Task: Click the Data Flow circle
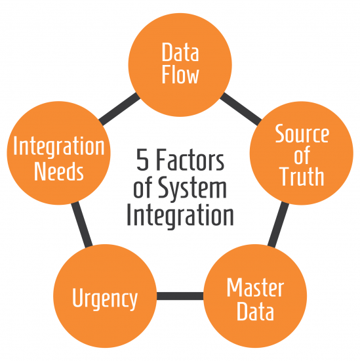(180, 64)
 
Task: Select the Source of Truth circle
(301, 155)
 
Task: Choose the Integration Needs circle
(58, 155)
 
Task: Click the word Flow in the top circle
(180, 75)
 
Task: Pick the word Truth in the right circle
(302, 177)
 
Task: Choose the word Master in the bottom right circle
(255, 287)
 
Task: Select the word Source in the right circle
(302, 134)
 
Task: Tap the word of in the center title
(142, 188)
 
